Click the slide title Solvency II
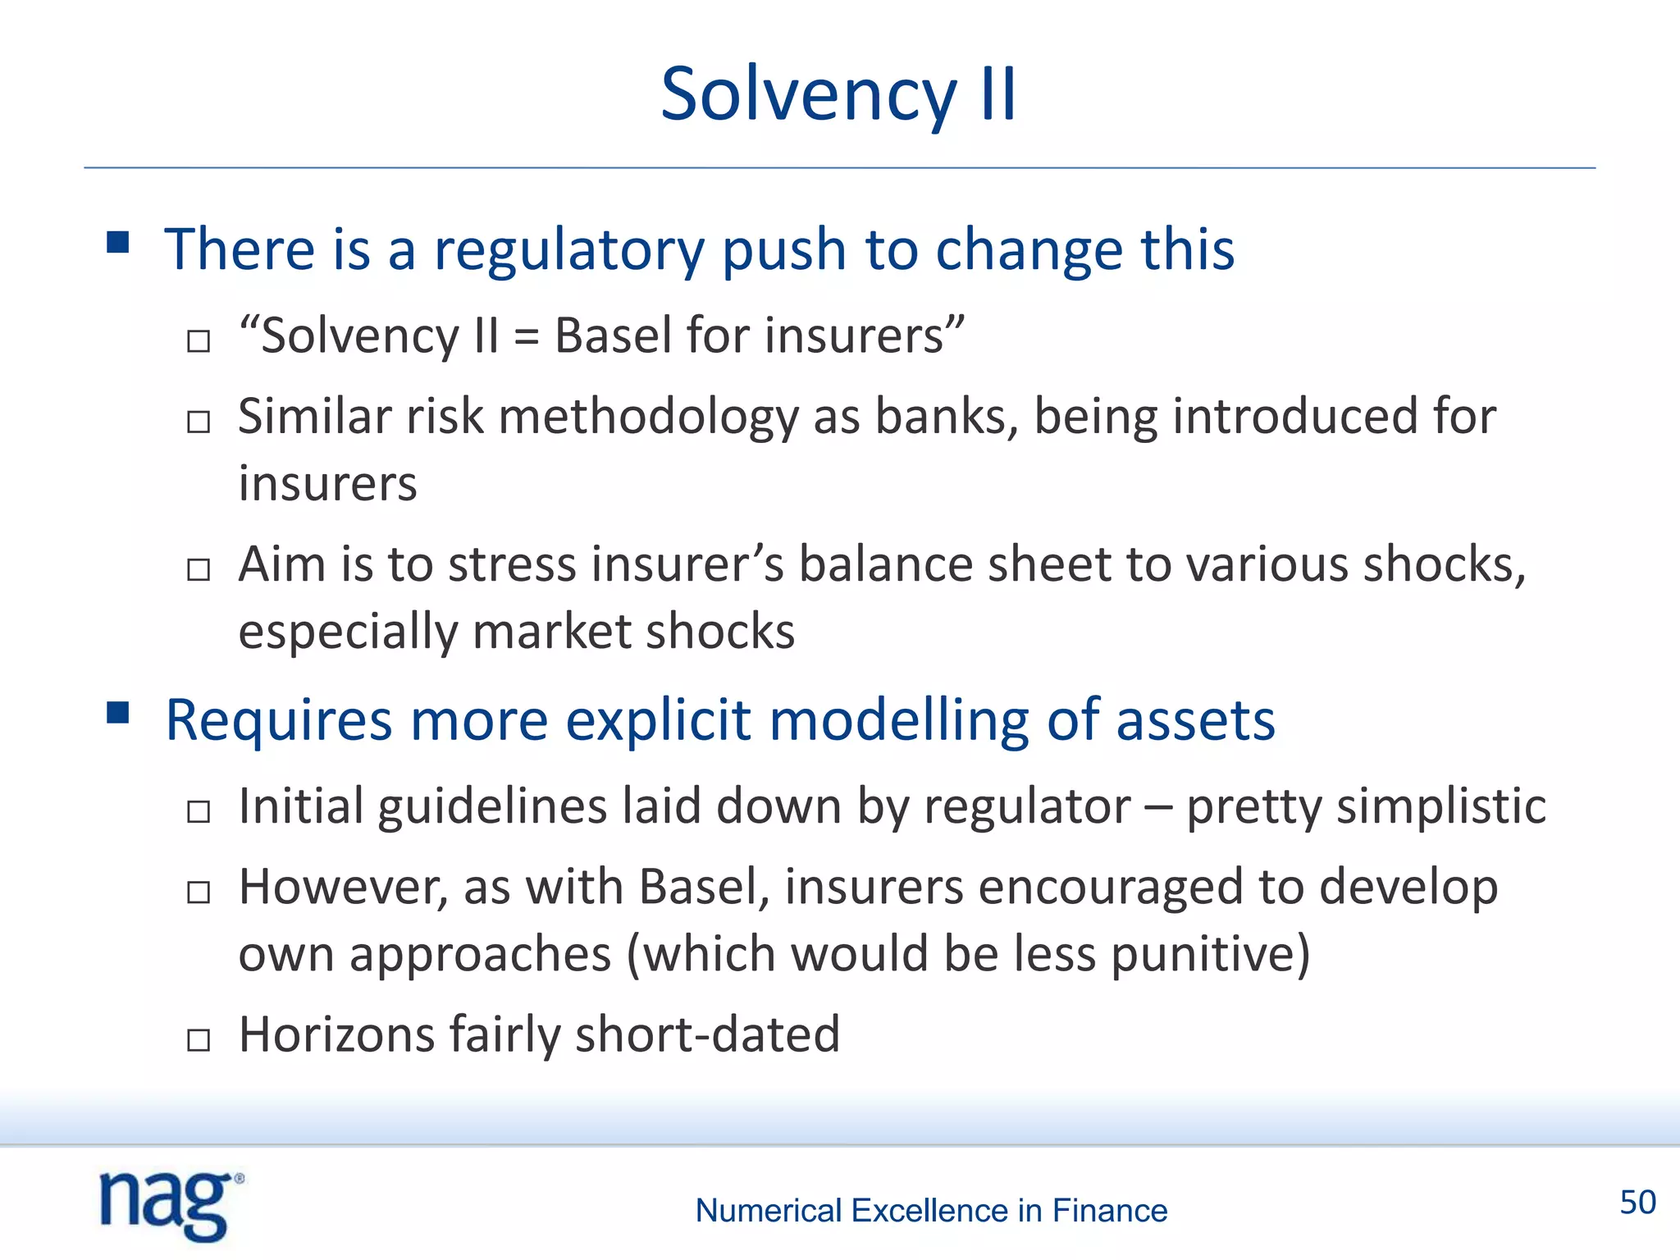click(838, 94)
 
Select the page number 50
click(1637, 1203)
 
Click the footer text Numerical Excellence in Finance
click(931, 1211)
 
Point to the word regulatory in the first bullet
click(568, 250)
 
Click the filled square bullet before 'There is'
click(118, 243)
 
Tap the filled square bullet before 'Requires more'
click(118, 713)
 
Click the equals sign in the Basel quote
click(527, 336)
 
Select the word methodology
click(648, 418)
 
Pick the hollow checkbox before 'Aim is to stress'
click(199, 569)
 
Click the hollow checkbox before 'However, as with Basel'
click(199, 892)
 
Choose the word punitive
click(1210, 955)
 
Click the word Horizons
click(336, 1034)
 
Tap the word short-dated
click(707, 1034)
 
